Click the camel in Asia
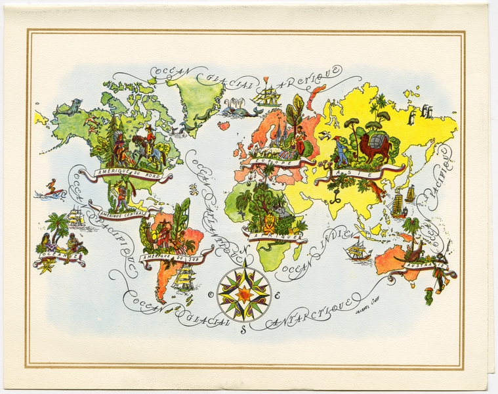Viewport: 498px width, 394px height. click(373, 148)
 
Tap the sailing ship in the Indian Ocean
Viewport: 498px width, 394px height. click(358, 249)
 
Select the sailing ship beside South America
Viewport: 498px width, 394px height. click(184, 279)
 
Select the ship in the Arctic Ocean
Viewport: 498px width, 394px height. click(267, 95)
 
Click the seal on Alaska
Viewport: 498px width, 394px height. click(66, 107)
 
